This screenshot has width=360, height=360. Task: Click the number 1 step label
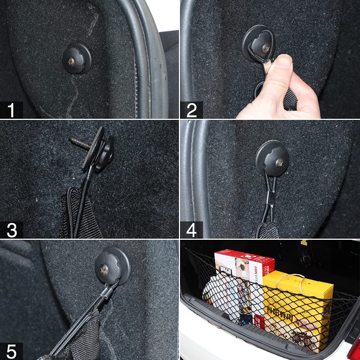click(12, 110)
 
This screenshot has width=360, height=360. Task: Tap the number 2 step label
click(192, 110)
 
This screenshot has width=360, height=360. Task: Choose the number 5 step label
click(12, 351)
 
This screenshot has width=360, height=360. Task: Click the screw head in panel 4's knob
click(279, 162)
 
